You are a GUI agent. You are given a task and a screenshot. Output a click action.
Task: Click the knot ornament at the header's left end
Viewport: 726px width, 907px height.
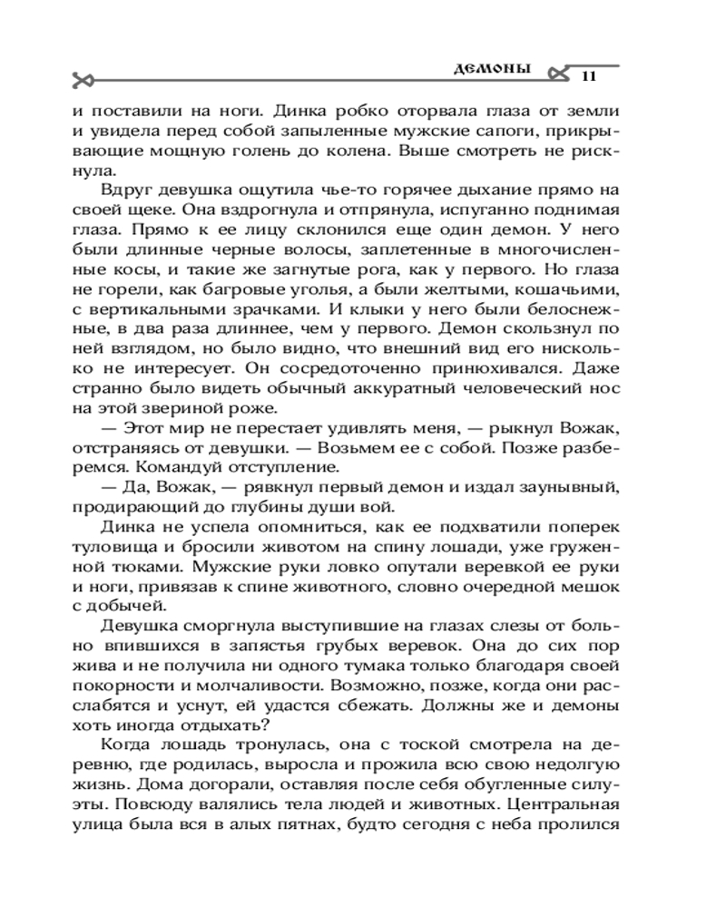[83, 79]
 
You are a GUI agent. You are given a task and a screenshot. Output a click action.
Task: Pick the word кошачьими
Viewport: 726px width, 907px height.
[567, 288]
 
